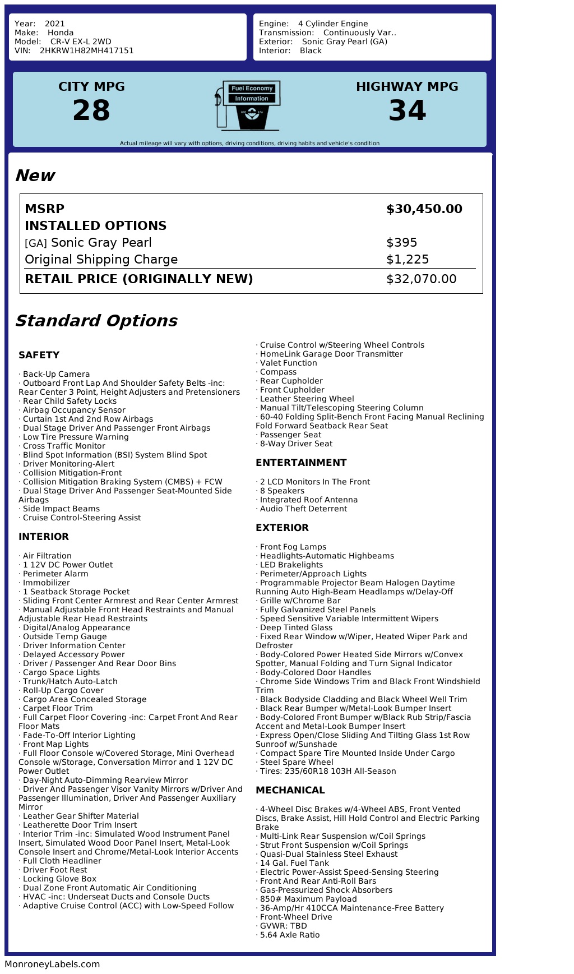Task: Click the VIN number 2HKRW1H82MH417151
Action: pyautogui.click(x=86, y=50)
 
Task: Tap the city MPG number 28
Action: pyautogui.click(x=91, y=110)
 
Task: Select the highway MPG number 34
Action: pyautogui.click(x=408, y=110)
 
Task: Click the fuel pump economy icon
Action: pyautogui.click(x=248, y=105)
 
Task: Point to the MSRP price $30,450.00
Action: pyautogui.click(x=424, y=209)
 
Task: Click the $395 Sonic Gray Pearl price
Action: pyautogui.click(x=402, y=243)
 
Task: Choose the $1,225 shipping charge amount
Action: pyautogui.click(x=408, y=260)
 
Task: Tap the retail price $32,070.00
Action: pyautogui.click(x=422, y=279)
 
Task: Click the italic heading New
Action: pyautogui.click(x=35, y=176)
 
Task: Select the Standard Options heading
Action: pyautogui.click(x=96, y=321)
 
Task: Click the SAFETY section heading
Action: pyautogui.click(x=39, y=355)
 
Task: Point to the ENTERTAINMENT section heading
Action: pyautogui.click(x=301, y=463)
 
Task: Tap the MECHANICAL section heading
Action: pyautogui.click(x=290, y=790)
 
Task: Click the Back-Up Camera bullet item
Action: pyautogui.click(x=56, y=374)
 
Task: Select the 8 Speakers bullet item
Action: pyautogui.click(x=282, y=491)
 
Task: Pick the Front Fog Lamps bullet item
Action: pyautogui.click(x=293, y=547)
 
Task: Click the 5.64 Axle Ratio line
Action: pyautogui.click(x=289, y=935)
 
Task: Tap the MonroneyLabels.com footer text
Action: pyautogui.click(x=52, y=964)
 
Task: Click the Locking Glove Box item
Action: pyautogui.click(x=59, y=879)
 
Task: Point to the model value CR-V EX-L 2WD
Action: pyautogui.click(x=81, y=41)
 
